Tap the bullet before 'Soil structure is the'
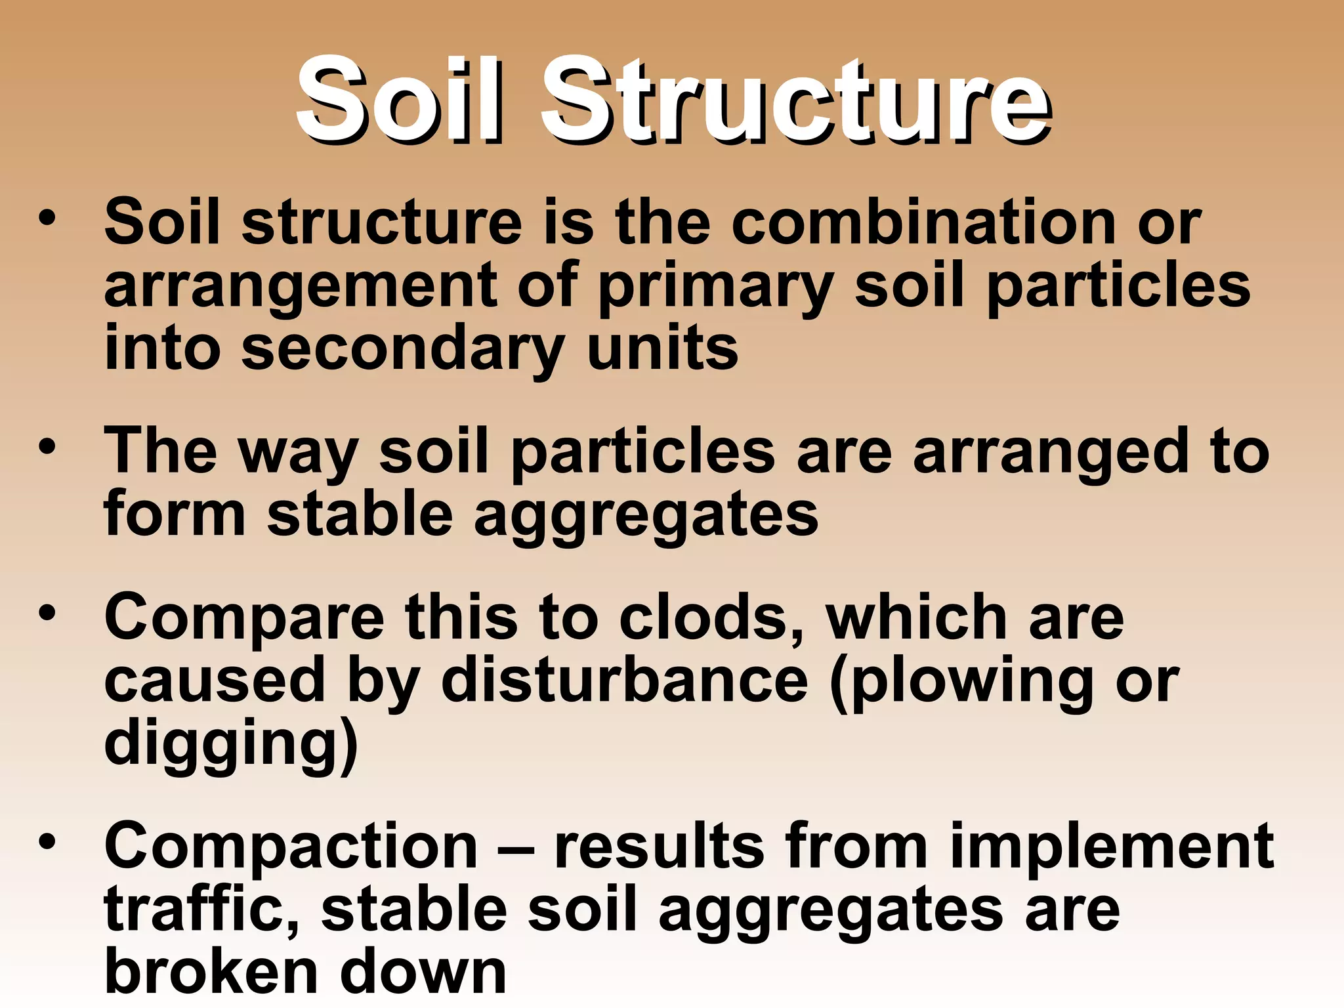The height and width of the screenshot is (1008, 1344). [x=47, y=219]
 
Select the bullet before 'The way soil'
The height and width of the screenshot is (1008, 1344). [x=47, y=448]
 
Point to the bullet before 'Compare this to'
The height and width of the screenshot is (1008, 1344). [x=47, y=614]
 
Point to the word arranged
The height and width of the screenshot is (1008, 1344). [x=1051, y=453]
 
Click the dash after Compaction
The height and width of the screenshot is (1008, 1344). [x=516, y=848]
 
